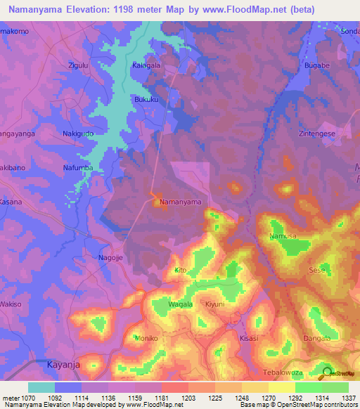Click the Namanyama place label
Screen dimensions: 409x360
pos(181,202)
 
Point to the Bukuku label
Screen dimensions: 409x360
pos(147,99)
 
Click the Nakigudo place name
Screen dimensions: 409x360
pos(79,133)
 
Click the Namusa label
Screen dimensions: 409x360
pos(281,237)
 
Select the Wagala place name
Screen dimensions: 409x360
pos(181,305)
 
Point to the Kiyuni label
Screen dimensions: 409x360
pos(214,305)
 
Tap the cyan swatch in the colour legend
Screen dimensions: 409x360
pos(41,387)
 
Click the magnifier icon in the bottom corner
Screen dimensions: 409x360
pos(327,373)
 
